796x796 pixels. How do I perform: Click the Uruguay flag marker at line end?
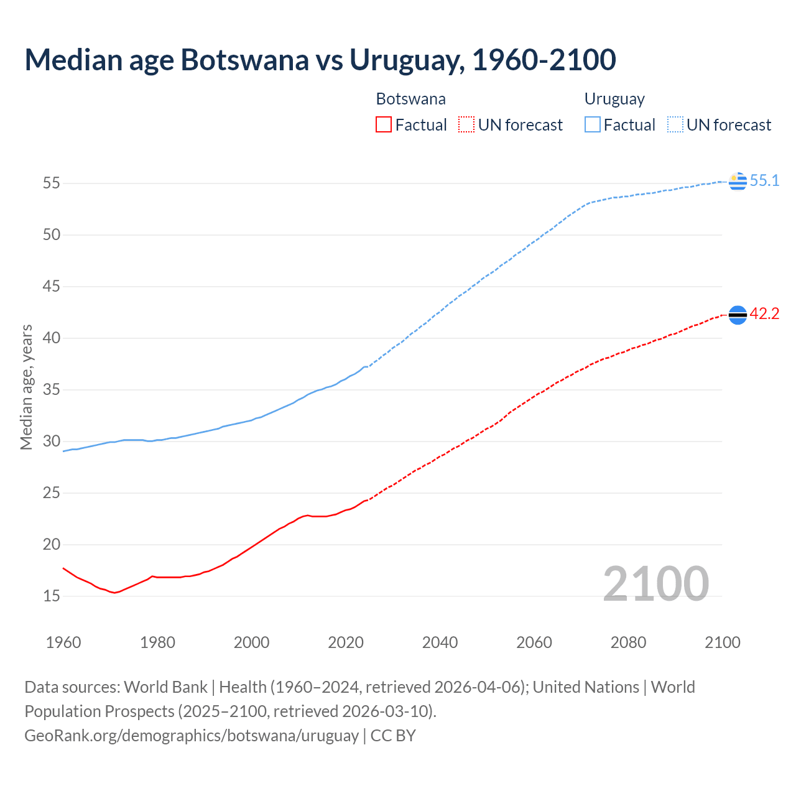(x=738, y=181)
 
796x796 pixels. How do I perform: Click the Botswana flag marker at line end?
(x=738, y=315)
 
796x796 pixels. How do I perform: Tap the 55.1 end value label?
(x=764, y=180)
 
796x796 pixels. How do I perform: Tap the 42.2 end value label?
(x=764, y=313)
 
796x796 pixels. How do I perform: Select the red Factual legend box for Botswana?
(x=384, y=125)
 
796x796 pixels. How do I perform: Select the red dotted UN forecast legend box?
(x=466, y=125)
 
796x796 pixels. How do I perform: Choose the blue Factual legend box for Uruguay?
(x=593, y=125)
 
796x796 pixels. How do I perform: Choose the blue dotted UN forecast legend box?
(x=675, y=125)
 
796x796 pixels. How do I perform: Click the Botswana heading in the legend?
(x=410, y=99)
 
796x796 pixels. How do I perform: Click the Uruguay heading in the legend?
(x=614, y=99)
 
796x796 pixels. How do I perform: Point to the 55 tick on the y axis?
(x=52, y=183)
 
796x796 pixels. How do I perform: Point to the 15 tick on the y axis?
(x=52, y=596)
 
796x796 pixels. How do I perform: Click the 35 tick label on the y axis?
(x=52, y=390)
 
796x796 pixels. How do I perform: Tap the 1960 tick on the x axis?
(x=63, y=642)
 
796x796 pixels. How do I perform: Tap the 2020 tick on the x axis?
(x=346, y=642)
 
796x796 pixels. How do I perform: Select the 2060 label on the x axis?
(x=534, y=642)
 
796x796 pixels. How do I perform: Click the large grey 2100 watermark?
(x=656, y=583)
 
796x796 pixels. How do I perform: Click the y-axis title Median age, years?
(x=26, y=387)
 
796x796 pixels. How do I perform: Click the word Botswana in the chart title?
(x=244, y=60)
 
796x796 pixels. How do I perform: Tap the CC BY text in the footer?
(x=393, y=736)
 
